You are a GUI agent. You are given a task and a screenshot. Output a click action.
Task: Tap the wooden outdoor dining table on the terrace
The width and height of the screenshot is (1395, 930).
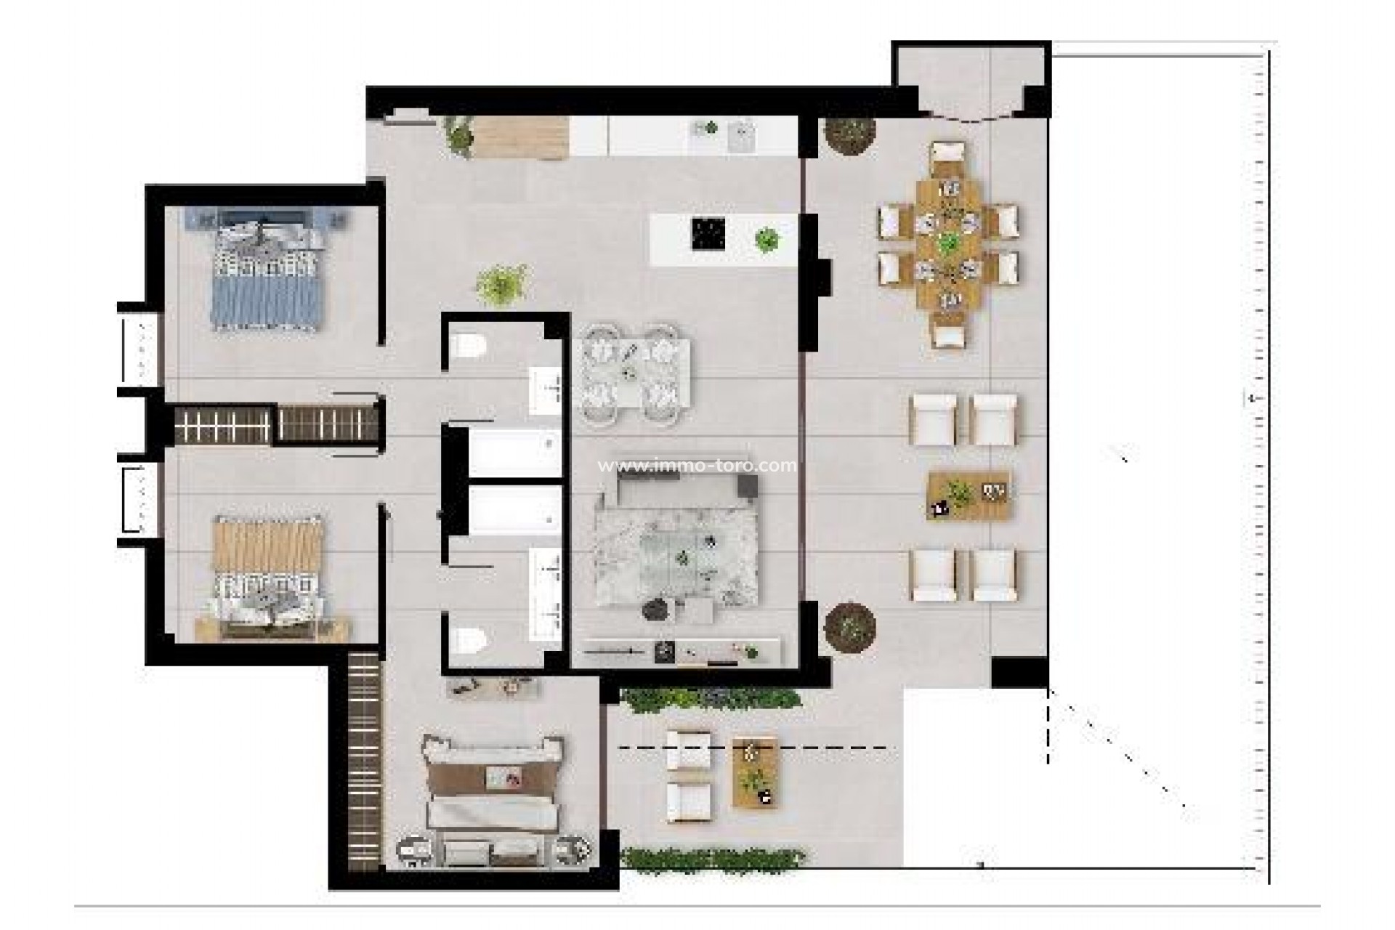[947, 243]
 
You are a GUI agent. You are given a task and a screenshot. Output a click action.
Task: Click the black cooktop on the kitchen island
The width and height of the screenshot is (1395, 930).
[708, 233]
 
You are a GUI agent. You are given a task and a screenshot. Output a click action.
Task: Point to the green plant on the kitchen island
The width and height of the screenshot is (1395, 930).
[767, 238]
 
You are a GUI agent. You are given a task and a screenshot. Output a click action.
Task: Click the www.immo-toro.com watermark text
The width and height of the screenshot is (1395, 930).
[696, 465]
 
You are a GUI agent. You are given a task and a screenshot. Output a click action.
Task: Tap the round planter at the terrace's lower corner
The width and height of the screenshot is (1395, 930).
[850, 625]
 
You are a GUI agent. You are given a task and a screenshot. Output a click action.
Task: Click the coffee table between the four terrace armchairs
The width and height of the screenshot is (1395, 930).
[970, 496]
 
